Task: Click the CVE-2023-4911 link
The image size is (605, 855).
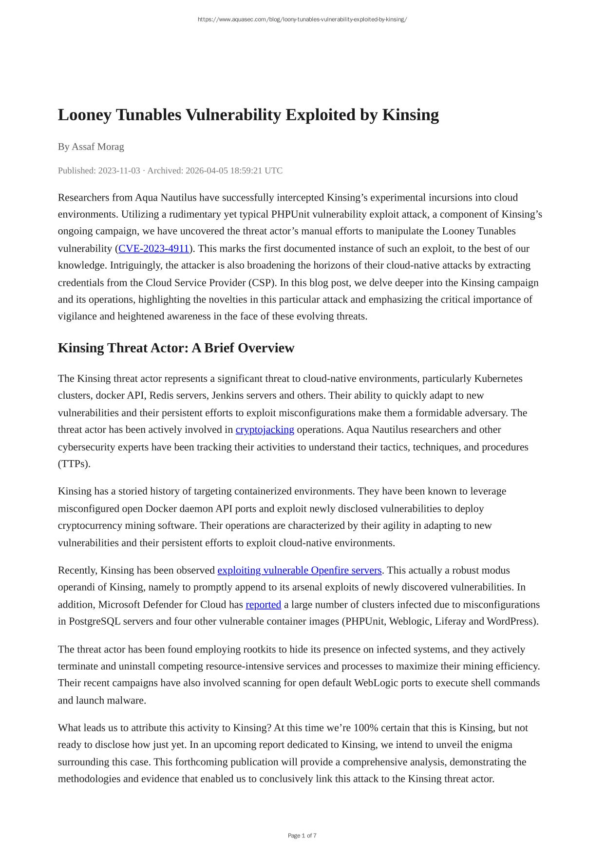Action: click(153, 249)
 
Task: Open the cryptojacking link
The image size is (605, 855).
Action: click(265, 430)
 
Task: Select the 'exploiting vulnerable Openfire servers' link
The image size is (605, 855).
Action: click(299, 570)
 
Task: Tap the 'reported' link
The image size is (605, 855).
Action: click(263, 605)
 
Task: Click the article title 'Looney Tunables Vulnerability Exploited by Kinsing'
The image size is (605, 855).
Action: click(248, 115)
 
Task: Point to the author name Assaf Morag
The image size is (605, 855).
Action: click(97, 147)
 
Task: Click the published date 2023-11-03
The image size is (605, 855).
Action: click(119, 170)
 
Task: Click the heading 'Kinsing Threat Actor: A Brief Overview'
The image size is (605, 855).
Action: click(176, 348)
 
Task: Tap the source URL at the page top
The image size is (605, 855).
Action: click(302, 19)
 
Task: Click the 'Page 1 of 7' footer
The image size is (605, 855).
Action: click(302, 836)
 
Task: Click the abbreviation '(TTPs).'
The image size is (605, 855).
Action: click(74, 464)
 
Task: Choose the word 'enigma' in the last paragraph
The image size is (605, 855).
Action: click(494, 745)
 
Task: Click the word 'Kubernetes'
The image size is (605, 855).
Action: click(498, 379)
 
